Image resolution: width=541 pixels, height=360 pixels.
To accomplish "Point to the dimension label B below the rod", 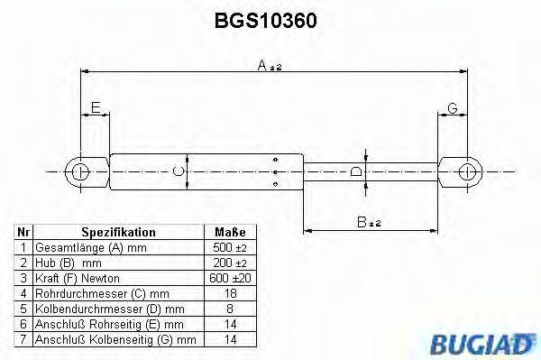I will [x=364, y=220].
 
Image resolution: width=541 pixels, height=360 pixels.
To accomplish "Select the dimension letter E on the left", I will [x=95, y=107].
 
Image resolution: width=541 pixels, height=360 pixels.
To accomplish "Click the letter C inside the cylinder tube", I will [x=179, y=170].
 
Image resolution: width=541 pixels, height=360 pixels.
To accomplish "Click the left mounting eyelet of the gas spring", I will [x=80, y=170].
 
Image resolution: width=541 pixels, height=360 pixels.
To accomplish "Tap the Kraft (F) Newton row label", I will [x=77, y=278].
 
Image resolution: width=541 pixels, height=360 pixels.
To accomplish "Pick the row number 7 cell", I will [x=23, y=339].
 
